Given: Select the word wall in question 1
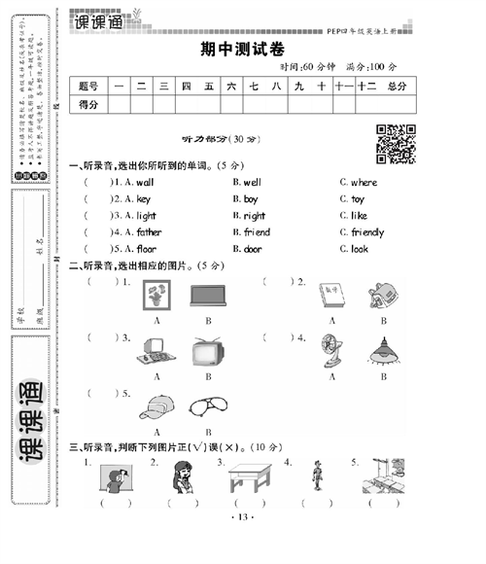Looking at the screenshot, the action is pos(144,182).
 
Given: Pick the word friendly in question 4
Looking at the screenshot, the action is pos(367,232).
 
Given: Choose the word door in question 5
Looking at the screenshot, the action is pos(253,249).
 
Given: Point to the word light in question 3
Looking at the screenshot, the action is pos(146,216).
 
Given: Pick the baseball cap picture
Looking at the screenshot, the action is pos(156,406).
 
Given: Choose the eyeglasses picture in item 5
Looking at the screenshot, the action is pos(207,407).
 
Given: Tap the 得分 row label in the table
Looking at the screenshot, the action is pos(88,104).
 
